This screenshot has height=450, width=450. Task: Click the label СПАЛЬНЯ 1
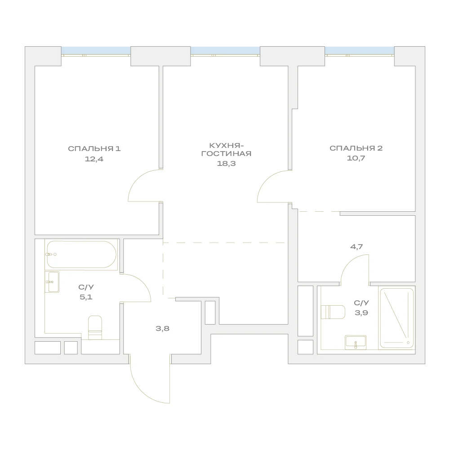[94, 149]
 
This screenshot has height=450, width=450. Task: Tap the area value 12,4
[94, 159]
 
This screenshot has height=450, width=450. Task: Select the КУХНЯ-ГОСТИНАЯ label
[226, 150]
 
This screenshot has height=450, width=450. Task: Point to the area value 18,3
[226, 164]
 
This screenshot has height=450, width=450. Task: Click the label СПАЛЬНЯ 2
[356, 148]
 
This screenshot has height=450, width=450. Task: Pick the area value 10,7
[356, 158]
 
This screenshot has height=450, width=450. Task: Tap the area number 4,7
[356, 246]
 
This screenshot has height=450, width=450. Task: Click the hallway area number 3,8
[162, 329]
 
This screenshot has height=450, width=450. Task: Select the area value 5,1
[86, 297]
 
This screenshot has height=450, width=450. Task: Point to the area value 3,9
[361, 313]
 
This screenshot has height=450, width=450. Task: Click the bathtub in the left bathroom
[81, 254]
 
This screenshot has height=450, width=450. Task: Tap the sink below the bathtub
[52, 282]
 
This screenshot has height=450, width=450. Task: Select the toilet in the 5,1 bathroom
[95, 328]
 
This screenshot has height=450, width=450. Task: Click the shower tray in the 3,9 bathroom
[397, 318]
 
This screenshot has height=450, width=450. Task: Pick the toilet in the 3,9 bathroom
[333, 312]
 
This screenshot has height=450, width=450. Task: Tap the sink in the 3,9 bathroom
[356, 342]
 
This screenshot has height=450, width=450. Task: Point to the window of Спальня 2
[359, 51]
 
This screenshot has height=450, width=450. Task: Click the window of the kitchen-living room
[225, 51]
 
